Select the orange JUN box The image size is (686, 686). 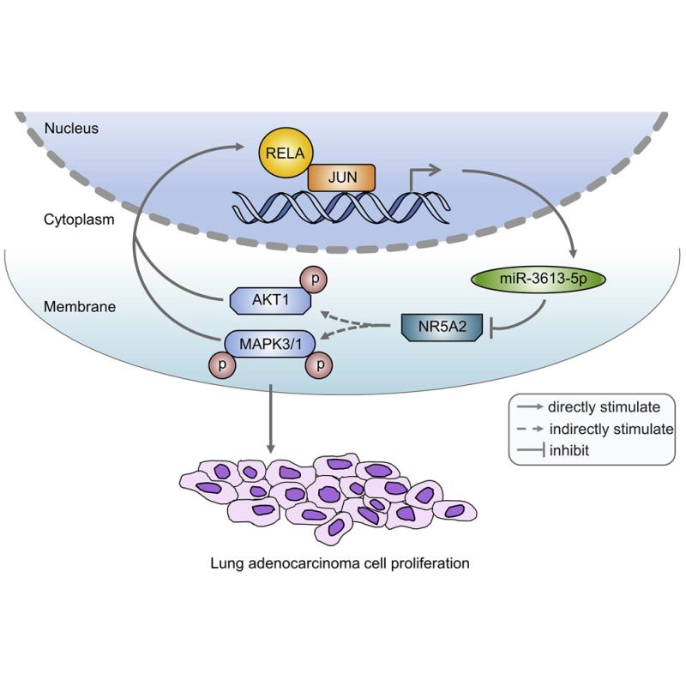click(x=341, y=178)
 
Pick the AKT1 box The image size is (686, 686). click(x=268, y=301)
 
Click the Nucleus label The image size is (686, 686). click(x=74, y=129)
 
